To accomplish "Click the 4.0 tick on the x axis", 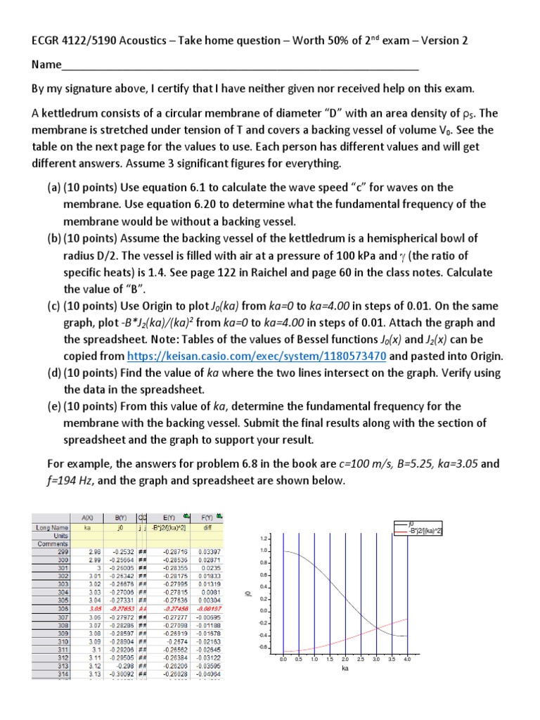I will point(407,660).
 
